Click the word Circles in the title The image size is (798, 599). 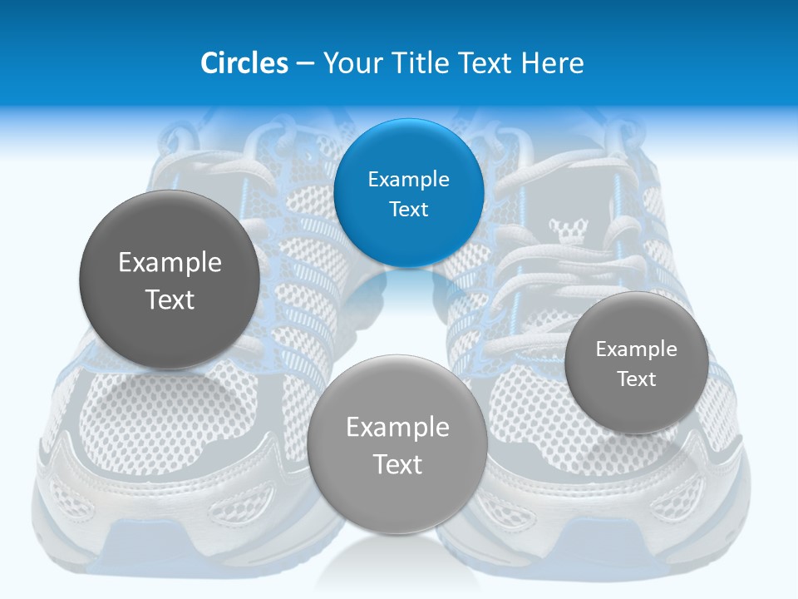point(244,63)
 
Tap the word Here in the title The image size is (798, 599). point(553,63)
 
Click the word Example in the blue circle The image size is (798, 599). point(408,180)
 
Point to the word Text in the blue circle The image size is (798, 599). point(408,210)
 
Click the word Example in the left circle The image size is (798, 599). point(170,263)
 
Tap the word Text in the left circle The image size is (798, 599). point(170,299)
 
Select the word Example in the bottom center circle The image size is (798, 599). point(397,428)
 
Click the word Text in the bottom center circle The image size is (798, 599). point(397,464)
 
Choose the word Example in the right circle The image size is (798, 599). point(636,349)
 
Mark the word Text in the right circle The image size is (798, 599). point(637,379)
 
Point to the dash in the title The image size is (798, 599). point(305,64)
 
